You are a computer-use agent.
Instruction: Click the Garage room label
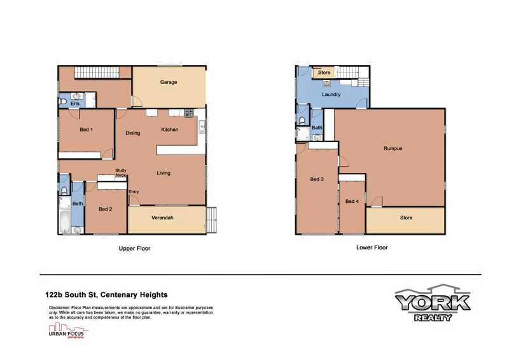[168, 82]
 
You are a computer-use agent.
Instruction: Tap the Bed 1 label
[87, 130]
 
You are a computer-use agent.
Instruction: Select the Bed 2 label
[106, 209]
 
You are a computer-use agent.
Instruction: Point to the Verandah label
[162, 218]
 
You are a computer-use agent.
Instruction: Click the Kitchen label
[169, 130]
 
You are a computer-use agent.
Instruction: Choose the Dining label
[132, 133]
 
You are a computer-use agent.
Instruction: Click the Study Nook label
[121, 172]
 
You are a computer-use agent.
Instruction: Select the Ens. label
[75, 103]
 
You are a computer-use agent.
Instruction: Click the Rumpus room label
[393, 148]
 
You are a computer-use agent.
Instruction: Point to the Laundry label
[331, 94]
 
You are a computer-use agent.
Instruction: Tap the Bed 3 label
[317, 179]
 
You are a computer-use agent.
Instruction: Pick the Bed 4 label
[352, 202]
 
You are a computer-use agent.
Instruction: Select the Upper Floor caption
[135, 249]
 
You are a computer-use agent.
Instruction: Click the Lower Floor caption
[372, 247]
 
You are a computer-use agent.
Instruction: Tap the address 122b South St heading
[106, 294]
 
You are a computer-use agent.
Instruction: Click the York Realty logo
[432, 303]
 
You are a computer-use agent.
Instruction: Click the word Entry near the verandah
[134, 191]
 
